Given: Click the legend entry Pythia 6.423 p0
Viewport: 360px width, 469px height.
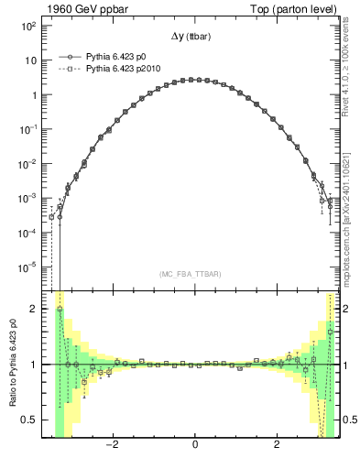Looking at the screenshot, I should point(116,57).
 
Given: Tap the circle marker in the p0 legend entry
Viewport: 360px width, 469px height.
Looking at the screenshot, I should point(65,57).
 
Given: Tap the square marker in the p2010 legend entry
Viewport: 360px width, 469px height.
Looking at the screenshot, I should point(65,69).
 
